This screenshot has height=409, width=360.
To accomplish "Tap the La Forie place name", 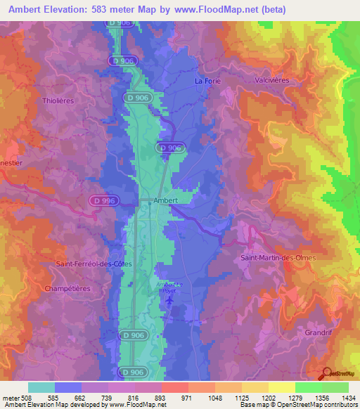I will [x=207, y=81].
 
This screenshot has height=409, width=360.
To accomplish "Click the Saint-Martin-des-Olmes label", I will [x=278, y=258].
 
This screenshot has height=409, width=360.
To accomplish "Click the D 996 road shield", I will [x=103, y=201].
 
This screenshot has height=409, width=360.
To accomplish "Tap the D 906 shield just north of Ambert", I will [x=169, y=148].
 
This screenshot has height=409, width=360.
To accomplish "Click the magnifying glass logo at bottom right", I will [x=325, y=374].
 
